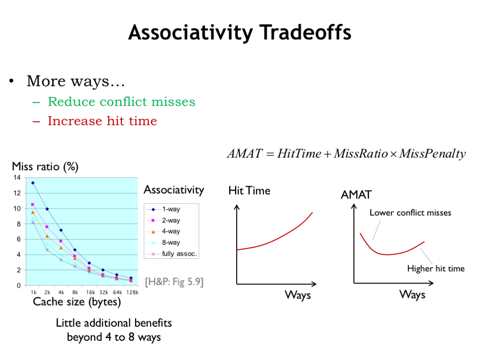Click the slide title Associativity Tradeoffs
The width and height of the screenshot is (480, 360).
click(240, 33)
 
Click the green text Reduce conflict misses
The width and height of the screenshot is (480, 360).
click(121, 102)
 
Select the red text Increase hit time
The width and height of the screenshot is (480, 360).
click(102, 121)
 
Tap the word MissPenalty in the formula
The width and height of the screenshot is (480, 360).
click(433, 154)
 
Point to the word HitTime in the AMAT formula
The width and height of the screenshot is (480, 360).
click(299, 153)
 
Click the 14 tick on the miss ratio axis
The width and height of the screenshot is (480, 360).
click(17, 178)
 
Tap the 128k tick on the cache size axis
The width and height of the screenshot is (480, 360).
click(132, 292)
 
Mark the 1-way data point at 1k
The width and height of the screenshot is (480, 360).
click(33, 183)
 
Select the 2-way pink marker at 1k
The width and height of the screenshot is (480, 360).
click(32, 204)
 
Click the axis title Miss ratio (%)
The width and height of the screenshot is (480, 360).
click(45, 166)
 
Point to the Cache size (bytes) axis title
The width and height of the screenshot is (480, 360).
click(77, 302)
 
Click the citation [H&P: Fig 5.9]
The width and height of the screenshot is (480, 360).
click(174, 282)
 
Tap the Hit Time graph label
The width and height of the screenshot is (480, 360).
click(249, 191)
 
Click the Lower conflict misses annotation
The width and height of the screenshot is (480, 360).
click(411, 213)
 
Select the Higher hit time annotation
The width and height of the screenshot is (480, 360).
click(436, 269)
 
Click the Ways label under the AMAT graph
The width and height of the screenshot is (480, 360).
click(412, 294)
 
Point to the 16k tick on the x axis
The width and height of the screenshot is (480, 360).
click(90, 292)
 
